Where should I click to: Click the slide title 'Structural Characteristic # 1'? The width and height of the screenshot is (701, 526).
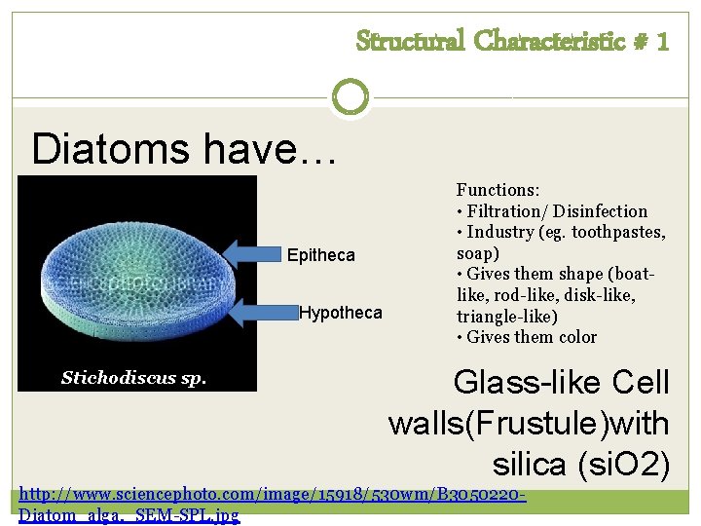[512, 41]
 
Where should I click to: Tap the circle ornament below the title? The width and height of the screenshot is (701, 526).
[350, 97]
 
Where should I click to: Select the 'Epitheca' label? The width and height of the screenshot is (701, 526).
[320, 256]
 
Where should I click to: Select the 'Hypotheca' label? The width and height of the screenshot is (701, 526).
[340, 313]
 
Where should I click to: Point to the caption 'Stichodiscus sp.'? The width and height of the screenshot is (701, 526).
[133, 378]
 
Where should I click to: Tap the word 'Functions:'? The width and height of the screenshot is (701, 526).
[498, 190]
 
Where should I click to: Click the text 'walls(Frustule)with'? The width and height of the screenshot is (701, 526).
[528, 424]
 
